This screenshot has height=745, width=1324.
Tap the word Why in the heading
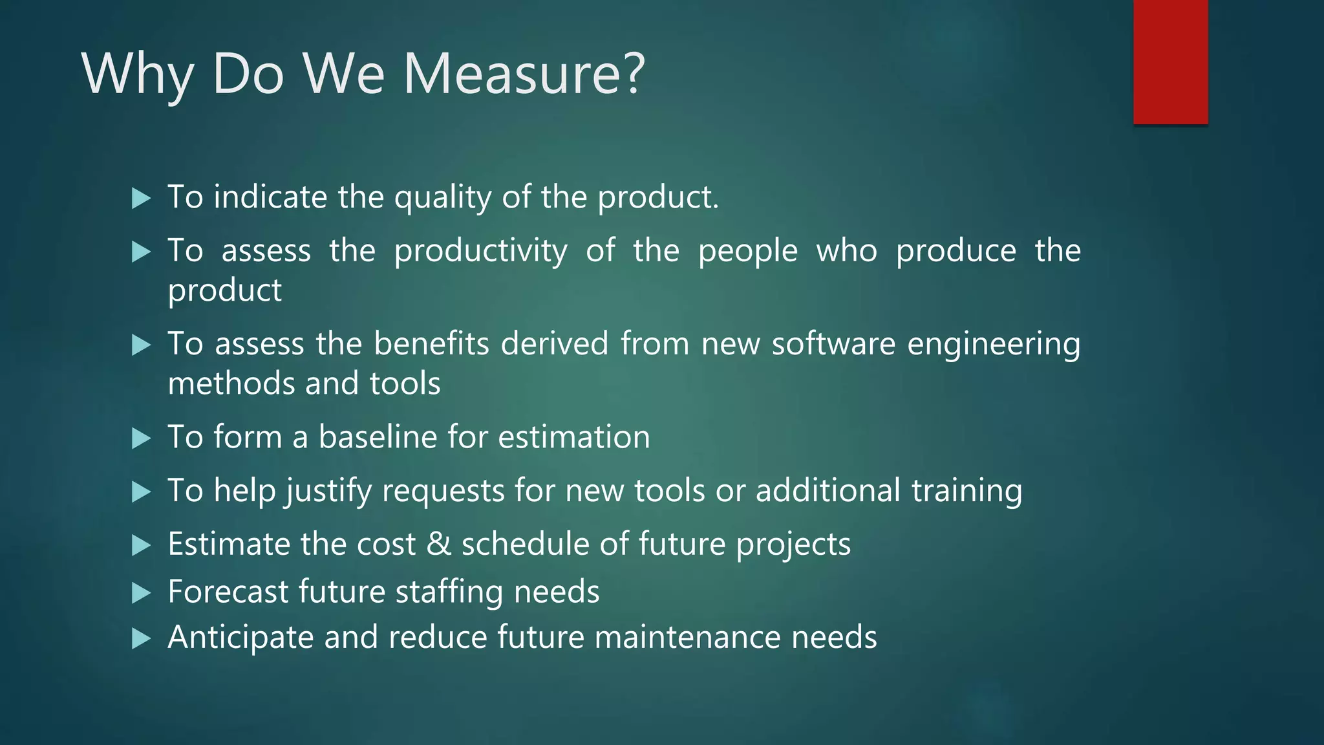[x=137, y=74]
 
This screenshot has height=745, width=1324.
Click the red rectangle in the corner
[x=1170, y=61]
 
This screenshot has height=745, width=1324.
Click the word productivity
[x=481, y=252]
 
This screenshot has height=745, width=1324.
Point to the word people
[x=748, y=252]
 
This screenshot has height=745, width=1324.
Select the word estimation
[x=574, y=437]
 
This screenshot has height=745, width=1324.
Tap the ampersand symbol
[x=438, y=544]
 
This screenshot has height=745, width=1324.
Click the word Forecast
[x=228, y=592]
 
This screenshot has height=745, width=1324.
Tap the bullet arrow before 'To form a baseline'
[x=141, y=438]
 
